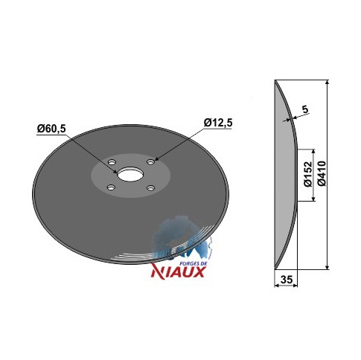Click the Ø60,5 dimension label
coord(51,129)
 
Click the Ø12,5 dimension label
coord(218,123)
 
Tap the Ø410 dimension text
coord(322,173)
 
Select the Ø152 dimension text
coord(307,174)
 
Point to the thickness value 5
coord(305,109)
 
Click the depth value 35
coord(287,280)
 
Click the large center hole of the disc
coord(130,174)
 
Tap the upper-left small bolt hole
coord(112,162)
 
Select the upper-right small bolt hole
coord(150,162)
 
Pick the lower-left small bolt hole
coord(110,187)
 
